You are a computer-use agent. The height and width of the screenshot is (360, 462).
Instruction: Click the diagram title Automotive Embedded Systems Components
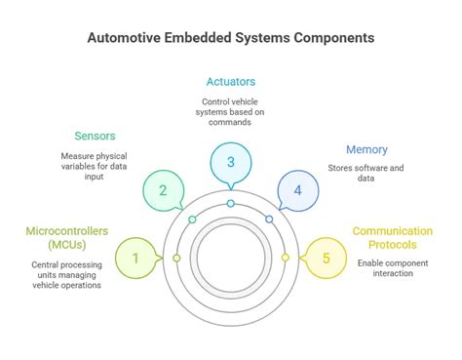point(230,39)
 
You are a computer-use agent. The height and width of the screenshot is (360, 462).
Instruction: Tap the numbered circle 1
point(135,259)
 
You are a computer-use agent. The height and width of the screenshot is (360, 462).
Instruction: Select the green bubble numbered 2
point(164,190)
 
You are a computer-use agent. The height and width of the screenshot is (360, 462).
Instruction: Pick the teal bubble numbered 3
point(231,163)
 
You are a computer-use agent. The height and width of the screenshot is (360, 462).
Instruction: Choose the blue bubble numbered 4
point(297,190)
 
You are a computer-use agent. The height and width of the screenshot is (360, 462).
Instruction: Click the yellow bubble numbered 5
point(327,259)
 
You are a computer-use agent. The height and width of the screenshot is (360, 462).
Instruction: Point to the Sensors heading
point(96,136)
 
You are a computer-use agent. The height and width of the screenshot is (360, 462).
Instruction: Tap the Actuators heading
point(230,81)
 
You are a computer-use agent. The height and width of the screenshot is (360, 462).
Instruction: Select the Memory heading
point(366,149)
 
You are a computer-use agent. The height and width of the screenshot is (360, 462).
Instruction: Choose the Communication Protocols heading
point(393,238)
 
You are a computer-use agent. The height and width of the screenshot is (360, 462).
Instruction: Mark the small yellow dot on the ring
point(286,258)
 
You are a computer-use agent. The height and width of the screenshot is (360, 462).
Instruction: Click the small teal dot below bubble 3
point(231,204)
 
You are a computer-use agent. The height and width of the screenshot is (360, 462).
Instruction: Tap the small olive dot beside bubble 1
point(176,258)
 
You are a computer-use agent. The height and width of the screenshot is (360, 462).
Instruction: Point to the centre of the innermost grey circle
point(231,258)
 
